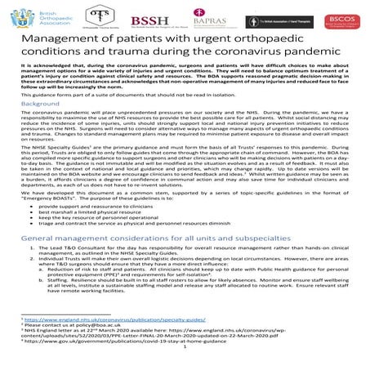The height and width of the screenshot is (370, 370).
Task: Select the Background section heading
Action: pyautogui.click(x=42, y=127)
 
